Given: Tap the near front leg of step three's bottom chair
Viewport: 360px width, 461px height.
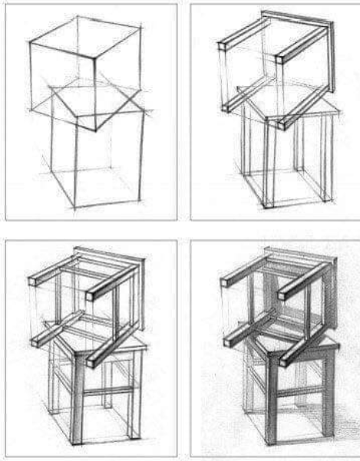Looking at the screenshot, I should coord(78,399).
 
